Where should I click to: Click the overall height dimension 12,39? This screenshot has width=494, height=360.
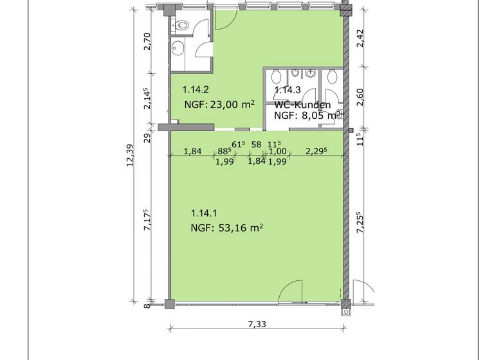point(130,156)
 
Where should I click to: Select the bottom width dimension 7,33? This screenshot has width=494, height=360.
point(257,324)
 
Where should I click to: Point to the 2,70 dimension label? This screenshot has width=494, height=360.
point(147,42)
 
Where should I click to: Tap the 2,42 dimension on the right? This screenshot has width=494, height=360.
point(360,39)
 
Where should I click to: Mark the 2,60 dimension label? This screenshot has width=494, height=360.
point(360,97)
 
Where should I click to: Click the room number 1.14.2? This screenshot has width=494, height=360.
point(196,90)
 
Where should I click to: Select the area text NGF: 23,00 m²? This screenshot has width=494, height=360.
point(219,104)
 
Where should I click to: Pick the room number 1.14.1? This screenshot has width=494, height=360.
point(204,213)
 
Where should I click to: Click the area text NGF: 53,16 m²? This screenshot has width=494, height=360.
point(227,228)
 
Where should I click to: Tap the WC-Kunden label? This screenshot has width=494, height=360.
point(302,105)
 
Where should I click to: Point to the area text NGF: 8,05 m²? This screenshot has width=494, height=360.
point(305,116)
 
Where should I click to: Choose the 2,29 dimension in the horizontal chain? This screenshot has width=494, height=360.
point(316,151)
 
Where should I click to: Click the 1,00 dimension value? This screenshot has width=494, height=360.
point(278,152)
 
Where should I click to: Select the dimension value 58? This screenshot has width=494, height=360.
point(257,145)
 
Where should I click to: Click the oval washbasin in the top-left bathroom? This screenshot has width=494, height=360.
point(178,48)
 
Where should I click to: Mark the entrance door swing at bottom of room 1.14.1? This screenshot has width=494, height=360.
point(290,292)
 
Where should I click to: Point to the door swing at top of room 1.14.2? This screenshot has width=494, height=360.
point(226,19)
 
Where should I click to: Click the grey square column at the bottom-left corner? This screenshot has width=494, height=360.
point(170,304)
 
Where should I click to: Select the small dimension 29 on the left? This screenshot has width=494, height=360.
point(147,138)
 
